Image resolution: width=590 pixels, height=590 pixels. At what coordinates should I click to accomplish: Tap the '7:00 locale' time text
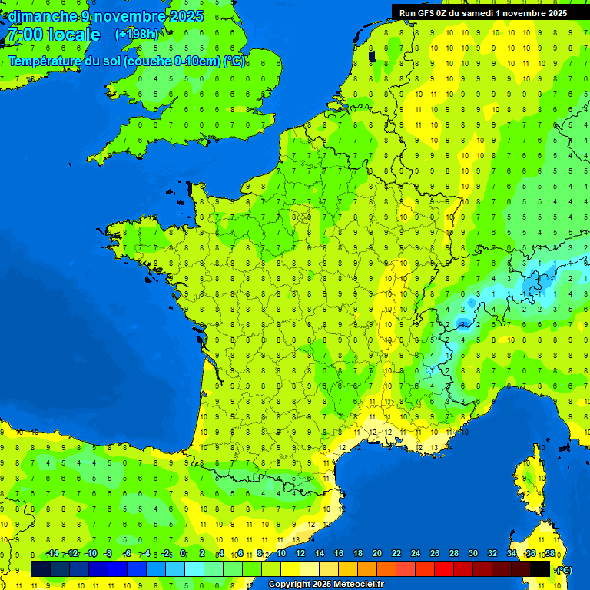click(54, 35)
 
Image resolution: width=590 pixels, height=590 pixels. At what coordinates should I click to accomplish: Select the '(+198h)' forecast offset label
click(136, 35)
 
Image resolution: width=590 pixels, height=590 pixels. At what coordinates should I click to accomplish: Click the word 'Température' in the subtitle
click(45, 61)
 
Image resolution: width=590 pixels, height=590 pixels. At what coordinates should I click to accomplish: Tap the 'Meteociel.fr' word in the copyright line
click(359, 585)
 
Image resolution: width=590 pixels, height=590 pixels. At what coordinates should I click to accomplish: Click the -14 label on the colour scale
click(52, 554)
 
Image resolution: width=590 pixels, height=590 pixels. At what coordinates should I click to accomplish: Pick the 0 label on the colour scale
click(183, 554)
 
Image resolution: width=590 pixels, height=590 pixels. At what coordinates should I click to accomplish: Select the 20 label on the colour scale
click(376, 554)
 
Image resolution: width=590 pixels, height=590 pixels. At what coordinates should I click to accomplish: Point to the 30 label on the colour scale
click(472, 554)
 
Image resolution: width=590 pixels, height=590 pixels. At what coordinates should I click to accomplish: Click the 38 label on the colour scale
click(549, 554)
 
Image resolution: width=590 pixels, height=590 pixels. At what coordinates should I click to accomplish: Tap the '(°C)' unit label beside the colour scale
click(565, 569)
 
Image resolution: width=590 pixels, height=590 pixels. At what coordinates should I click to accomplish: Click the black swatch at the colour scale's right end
click(540, 568)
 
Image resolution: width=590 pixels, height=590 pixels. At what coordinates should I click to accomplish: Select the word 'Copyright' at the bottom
click(290, 585)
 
